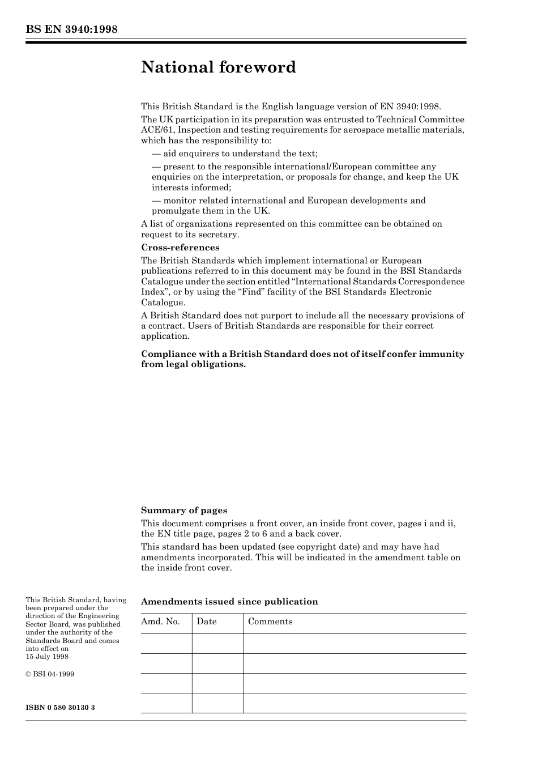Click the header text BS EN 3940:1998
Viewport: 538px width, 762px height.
(71, 29)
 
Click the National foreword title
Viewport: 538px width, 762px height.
(219, 67)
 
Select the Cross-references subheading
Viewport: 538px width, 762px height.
(180, 248)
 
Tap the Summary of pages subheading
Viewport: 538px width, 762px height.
(184, 510)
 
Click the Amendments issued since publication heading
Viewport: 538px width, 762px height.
(229, 602)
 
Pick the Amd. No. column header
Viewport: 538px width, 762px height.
(160, 621)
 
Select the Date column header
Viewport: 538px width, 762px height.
(207, 621)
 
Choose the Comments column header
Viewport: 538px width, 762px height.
(270, 621)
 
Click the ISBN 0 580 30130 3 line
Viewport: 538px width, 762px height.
(60, 708)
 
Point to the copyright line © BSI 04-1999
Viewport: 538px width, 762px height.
(50, 674)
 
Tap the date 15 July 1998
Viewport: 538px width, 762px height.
(47, 657)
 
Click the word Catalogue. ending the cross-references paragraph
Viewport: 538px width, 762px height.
(163, 303)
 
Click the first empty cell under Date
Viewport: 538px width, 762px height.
(217, 644)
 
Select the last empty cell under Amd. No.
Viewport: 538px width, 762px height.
(166, 703)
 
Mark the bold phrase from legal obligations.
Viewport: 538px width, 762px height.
(193, 364)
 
